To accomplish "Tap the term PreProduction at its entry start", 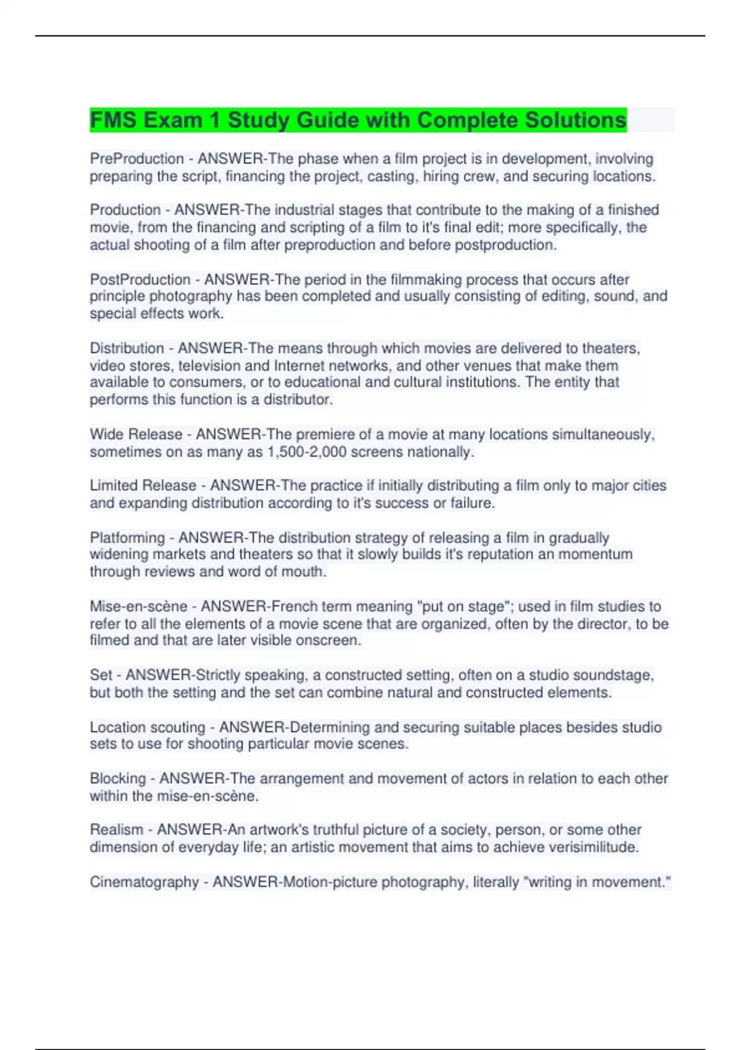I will pyautogui.click(x=136, y=159).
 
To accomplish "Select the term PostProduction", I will pyautogui.click(x=140, y=279).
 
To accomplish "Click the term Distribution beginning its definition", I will pyautogui.click(x=127, y=348).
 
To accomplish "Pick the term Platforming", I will pyautogui.click(x=127, y=538).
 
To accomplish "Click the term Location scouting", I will pyautogui.click(x=147, y=728).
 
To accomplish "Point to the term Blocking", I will pyautogui.click(x=117, y=779).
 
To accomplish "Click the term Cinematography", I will pyautogui.click(x=144, y=882).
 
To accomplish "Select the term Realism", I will pyautogui.click(x=116, y=830).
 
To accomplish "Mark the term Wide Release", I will pyautogui.click(x=136, y=435).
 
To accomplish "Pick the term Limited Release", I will pyautogui.click(x=143, y=486).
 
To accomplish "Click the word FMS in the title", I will pyautogui.click(x=114, y=120).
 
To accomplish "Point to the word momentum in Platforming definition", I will pyautogui.click(x=595, y=555).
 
